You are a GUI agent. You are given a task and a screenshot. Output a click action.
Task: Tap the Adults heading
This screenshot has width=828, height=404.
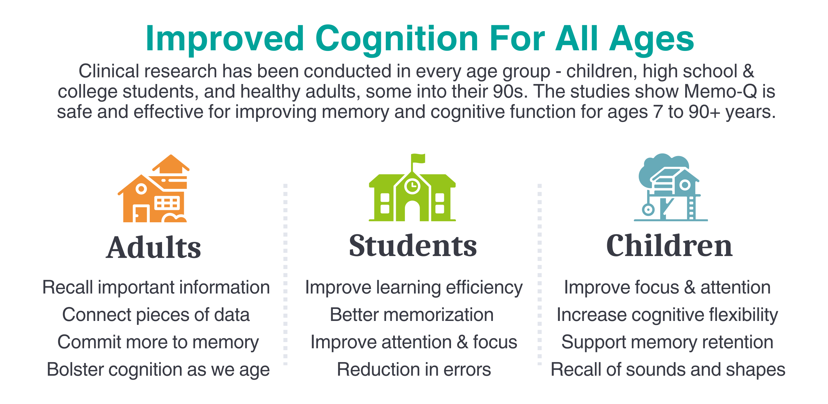click(x=154, y=247)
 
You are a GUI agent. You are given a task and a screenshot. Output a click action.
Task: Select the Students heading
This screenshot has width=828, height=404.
click(x=413, y=246)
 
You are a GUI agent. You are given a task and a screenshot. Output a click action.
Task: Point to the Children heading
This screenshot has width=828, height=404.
click(x=670, y=246)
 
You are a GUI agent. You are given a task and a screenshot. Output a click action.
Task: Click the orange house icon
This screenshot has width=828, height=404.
click(x=154, y=189)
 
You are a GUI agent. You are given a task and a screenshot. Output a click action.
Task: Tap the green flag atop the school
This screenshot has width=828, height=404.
click(x=418, y=158)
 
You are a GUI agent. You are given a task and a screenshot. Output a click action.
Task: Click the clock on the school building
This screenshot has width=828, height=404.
click(x=412, y=186)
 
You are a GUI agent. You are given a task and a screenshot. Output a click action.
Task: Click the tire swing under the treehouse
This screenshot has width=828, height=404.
click(x=648, y=209)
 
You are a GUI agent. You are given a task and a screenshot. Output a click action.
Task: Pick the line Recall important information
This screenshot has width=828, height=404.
click(x=156, y=288)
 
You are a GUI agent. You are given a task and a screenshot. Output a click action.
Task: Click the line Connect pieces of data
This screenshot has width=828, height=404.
click(x=156, y=315)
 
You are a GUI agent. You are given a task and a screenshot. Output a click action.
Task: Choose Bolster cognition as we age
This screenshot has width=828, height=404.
click(x=158, y=370)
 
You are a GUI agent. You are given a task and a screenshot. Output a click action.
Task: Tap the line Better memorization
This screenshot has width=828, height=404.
click(x=412, y=315)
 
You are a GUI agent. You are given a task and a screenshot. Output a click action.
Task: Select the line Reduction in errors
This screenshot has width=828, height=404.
click(x=414, y=369)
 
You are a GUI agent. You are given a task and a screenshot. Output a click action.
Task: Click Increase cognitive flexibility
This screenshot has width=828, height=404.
click(x=667, y=315)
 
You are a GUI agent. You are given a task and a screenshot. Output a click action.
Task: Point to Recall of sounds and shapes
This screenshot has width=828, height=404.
click(x=668, y=370)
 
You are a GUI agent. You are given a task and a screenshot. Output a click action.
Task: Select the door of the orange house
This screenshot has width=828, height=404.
click(x=141, y=214)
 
